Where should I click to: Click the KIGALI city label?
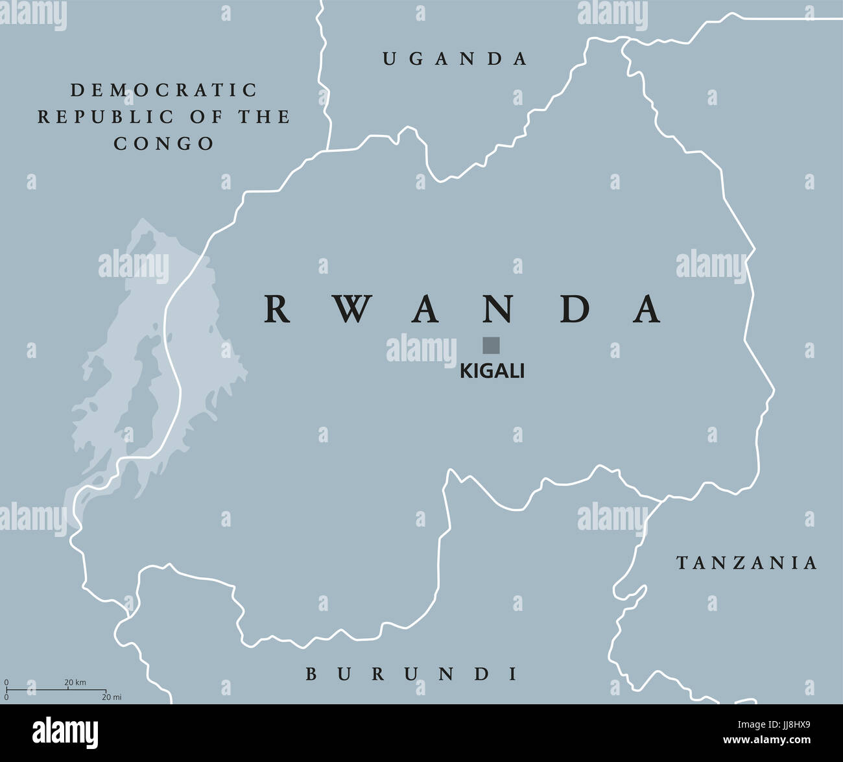[492, 371]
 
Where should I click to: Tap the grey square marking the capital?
[491, 345]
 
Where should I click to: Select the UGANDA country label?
[455, 59]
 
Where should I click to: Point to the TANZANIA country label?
[747, 563]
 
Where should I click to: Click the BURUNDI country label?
[412, 674]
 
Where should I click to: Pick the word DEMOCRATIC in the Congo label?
[164, 89]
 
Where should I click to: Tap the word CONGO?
[164, 143]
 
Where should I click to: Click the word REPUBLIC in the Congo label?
[106, 117]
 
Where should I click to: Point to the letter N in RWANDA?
[499, 309]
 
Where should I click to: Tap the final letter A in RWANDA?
[647, 309]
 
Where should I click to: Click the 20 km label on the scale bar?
[75, 682]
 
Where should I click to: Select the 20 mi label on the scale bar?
[112, 697]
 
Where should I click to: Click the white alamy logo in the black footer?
[65, 733]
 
